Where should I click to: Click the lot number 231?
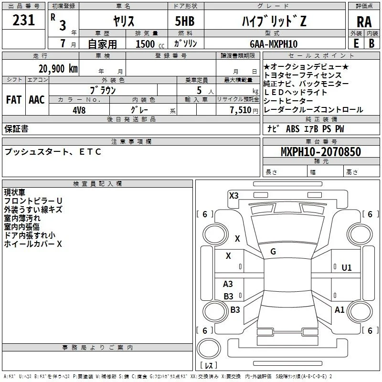23,20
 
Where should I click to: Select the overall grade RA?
364,22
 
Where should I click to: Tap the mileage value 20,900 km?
58,69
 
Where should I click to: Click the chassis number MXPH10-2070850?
320,152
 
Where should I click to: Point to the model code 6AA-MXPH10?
274,44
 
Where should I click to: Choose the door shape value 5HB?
185,21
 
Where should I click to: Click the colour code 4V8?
79,110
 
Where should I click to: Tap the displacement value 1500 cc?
150,44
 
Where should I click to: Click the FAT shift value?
14,100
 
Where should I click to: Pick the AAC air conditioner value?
37,100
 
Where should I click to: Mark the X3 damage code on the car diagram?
233,196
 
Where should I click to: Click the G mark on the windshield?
273,252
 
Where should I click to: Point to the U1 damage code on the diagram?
347,268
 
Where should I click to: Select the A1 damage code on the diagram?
340,309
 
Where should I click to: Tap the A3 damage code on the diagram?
228,284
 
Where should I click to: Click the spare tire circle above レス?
209,349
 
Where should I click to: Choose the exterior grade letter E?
356,43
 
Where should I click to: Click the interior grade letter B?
371,43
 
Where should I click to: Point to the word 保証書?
16,128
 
